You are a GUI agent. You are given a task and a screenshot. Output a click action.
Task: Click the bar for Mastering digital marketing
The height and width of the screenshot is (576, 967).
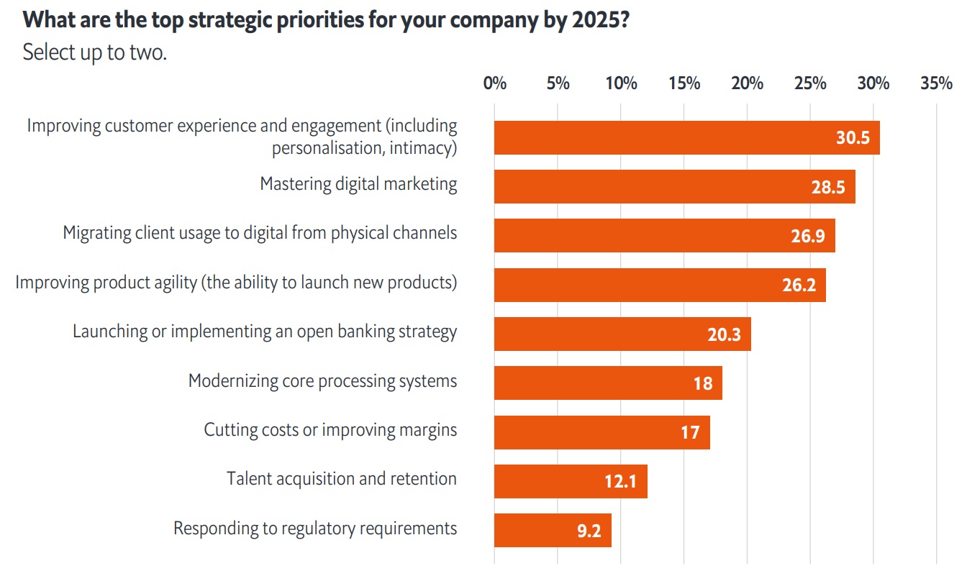[674, 187]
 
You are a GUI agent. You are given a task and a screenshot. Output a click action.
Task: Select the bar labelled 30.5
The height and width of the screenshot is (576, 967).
[686, 137]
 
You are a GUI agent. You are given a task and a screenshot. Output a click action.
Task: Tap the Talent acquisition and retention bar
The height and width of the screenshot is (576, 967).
[571, 481]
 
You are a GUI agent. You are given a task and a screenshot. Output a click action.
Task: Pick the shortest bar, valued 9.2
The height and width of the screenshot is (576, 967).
[553, 531]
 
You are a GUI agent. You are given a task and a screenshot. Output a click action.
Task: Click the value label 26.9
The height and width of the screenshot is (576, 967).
[807, 237]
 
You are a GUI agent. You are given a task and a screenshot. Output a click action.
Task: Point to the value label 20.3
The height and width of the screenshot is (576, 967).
[724, 334]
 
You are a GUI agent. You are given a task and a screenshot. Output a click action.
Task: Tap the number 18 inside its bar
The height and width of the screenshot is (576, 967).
[703, 383]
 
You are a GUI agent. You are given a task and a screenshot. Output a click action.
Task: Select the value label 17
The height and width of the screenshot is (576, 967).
[690, 433]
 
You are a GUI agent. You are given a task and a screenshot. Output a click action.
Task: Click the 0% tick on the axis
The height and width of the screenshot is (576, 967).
[495, 83]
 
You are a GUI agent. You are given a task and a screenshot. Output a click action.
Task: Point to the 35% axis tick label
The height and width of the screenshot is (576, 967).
[936, 83]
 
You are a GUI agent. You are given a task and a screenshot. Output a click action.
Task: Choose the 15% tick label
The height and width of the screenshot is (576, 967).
[684, 83]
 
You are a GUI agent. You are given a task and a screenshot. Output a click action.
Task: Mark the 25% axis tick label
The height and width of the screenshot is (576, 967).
[810, 83]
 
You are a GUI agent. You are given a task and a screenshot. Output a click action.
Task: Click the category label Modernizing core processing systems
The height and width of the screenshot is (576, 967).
[322, 381]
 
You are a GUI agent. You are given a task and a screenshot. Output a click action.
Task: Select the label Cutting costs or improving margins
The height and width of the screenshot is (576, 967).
[330, 430]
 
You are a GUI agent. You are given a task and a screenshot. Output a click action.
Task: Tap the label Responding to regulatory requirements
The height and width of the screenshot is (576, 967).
[315, 529]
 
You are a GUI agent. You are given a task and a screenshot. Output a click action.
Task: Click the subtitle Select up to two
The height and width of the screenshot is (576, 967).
[94, 52]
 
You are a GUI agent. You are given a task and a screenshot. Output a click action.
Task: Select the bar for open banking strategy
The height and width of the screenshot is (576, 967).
[622, 334]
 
